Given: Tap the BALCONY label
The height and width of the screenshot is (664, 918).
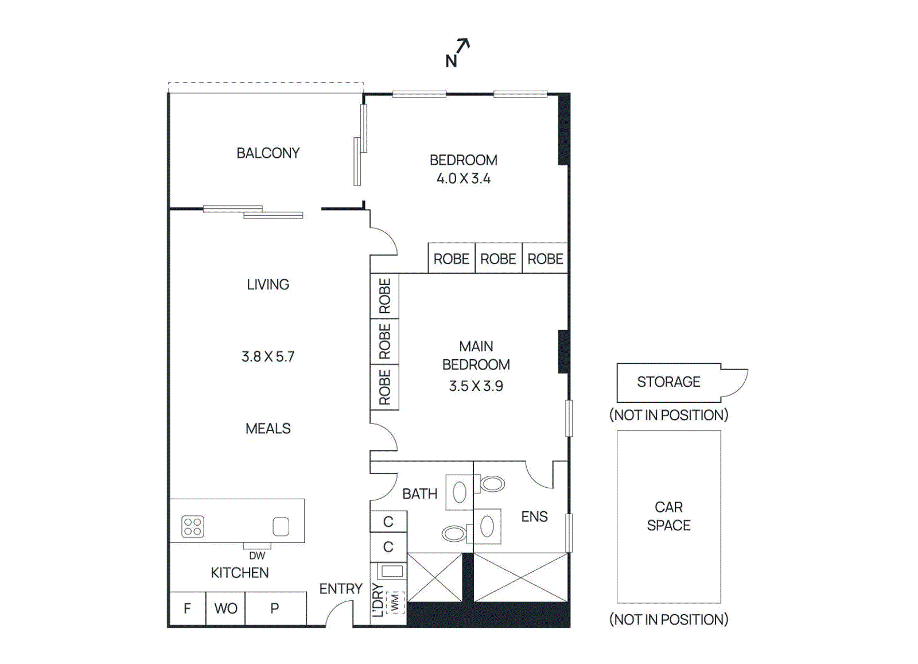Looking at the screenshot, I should tap(268, 153).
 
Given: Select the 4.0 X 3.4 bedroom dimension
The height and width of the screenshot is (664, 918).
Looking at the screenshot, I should tap(463, 178).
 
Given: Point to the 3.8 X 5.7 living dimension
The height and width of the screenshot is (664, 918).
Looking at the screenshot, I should tap(268, 357).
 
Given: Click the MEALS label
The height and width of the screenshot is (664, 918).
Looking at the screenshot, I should tap(268, 429).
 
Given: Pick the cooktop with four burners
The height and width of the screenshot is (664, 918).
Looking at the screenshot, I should tap(193, 526).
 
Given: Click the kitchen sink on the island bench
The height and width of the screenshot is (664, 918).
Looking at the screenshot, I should tap(281, 526).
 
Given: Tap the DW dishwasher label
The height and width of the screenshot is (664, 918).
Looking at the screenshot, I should tap(257, 556).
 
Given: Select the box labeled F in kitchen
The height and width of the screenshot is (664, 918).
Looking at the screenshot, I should tap(188, 608).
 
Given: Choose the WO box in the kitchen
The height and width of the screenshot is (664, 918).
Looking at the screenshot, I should tap(225, 608).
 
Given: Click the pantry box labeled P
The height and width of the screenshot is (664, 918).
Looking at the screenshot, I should tap(275, 608).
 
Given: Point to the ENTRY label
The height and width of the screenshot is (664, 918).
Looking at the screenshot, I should tap(341, 589).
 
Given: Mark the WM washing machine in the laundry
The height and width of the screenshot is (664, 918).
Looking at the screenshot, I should tap(395, 603).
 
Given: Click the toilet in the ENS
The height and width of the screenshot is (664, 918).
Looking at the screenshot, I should tap(492, 484).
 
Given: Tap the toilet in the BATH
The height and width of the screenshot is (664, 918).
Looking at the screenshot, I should tap(454, 534).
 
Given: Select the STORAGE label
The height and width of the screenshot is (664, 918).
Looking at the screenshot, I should tap(668, 382).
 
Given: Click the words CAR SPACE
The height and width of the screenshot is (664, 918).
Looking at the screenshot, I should tap(668, 516).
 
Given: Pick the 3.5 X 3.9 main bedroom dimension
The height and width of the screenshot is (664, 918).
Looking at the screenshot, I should tap(476, 386).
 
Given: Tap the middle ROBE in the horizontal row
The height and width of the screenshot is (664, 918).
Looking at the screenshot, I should tap(498, 259).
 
